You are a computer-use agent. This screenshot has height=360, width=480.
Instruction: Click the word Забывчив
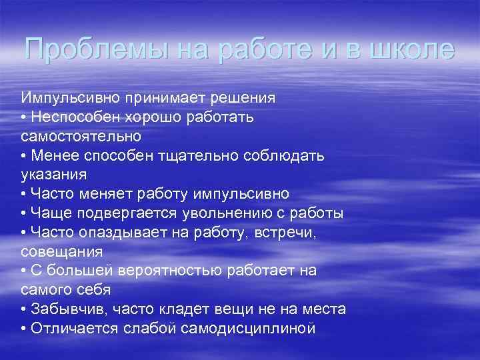tap(70, 309)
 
